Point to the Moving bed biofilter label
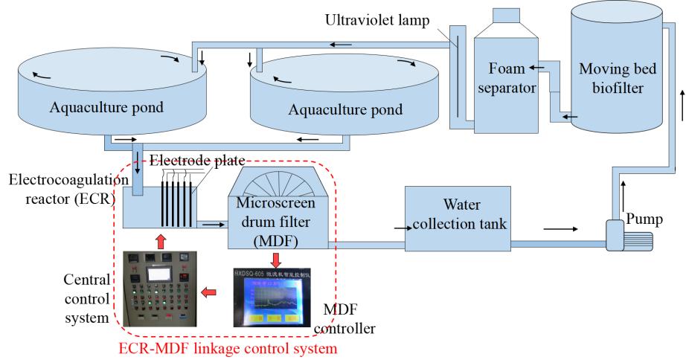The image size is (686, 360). point(611,77)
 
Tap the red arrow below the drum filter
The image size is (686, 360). point(276,257)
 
